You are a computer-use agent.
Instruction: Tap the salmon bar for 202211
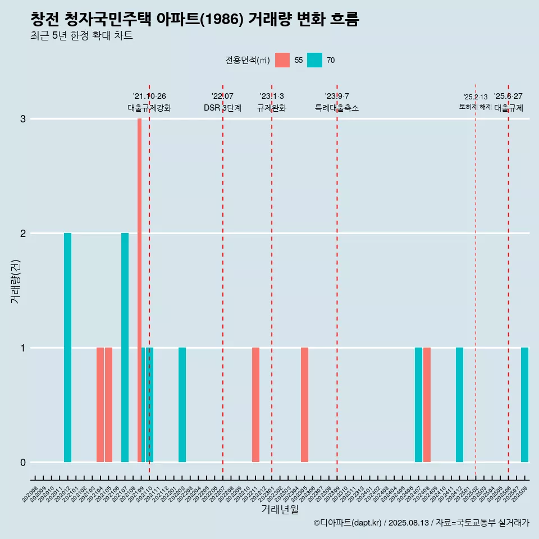tap(255, 404)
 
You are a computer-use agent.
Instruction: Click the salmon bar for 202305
tap(304, 404)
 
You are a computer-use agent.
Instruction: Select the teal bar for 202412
tap(459, 404)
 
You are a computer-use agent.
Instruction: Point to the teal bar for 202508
tap(524, 404)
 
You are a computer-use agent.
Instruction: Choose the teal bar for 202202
tap(182, 404)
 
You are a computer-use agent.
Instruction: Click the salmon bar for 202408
tap(427, 404)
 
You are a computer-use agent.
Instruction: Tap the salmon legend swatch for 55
tap(282, 60)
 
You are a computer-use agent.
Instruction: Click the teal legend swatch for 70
tap(315, 60)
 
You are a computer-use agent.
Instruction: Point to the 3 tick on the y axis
tap(23, 119)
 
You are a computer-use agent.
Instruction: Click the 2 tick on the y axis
tap(23, 234)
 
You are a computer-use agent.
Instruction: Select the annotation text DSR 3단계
tap(222, 108)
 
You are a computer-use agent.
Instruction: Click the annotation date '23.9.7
tap(337, 97)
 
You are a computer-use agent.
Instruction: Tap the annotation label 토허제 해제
tap(475, 106)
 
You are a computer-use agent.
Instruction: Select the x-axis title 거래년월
tap(280, 509)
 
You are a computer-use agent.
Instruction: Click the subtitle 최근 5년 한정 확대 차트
tap(81, 36)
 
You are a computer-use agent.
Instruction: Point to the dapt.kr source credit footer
tap(421, 523)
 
